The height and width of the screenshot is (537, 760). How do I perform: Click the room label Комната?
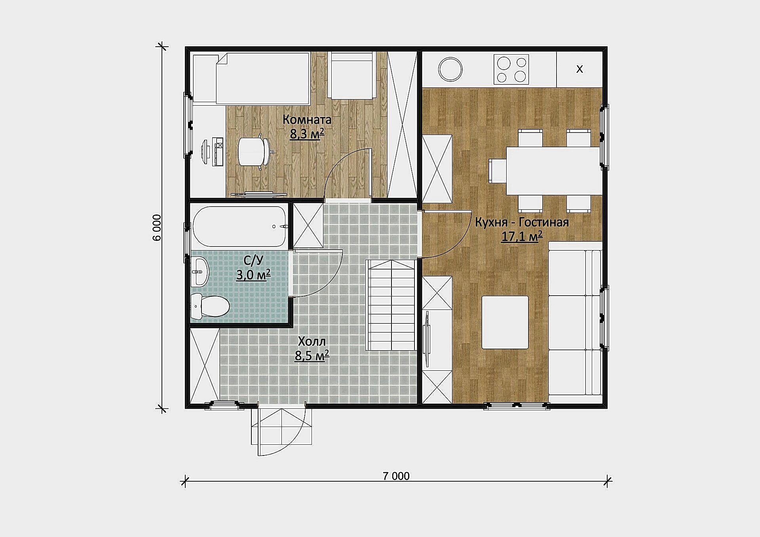click(x=307, y=119)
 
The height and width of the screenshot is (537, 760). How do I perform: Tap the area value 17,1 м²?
click(x=522, y=236)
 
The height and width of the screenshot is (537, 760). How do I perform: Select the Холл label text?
click(x=312, y=341)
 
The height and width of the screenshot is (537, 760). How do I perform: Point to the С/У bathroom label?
click(x=253, y=260)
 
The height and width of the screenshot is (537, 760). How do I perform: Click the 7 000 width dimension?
click(x=396, y=476)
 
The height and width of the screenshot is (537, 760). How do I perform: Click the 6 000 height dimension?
click(x=157, y=228)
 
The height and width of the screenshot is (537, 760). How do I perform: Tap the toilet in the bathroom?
click(x=210, y=306)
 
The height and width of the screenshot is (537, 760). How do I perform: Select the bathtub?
click(x=239, y=226)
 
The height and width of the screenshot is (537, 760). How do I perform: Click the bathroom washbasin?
click(x=200, y=271)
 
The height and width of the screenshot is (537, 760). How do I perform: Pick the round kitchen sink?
click(x=450, y=69)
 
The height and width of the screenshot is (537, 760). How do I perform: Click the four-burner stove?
click(x=511, y=69)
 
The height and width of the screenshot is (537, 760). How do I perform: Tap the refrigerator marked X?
click(x=579, y=69)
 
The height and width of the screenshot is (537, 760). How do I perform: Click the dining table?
click(x=553, y=171)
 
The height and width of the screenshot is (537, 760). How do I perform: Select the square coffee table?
click(x=505, y=322)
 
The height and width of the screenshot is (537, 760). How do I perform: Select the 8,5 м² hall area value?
click(x=312, y=355)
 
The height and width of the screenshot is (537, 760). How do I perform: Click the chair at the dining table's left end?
click(x=498, y=171)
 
